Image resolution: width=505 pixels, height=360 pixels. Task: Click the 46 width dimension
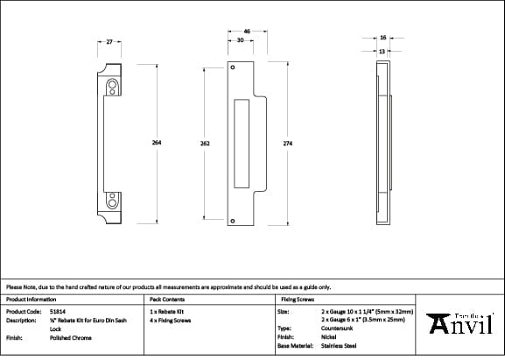(x=247, y=32)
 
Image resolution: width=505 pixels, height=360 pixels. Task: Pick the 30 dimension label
(x=240, y=40)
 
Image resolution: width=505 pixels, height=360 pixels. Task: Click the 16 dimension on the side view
(x=383, y=38)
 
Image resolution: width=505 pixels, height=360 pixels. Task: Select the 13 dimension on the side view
(x=382, y=51)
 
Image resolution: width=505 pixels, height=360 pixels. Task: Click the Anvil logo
(x=461, y=323)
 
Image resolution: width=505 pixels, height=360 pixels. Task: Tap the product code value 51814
(x=58, y=311)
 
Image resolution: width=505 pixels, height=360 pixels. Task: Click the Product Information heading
(x=31, y=299)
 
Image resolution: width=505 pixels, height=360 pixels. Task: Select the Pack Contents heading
(x=166, y=299)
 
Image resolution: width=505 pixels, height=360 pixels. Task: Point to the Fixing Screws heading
(x=296, y=299)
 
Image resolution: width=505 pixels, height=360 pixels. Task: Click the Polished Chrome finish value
(x=71, y=337)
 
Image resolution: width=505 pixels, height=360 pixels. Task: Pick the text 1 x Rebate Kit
(x=166, y=311)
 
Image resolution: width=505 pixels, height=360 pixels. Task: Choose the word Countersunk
(x=338, y=328)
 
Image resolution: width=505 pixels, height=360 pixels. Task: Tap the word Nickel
(x=328, y=337)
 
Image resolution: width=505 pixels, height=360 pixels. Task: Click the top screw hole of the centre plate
(x=233, y=67)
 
